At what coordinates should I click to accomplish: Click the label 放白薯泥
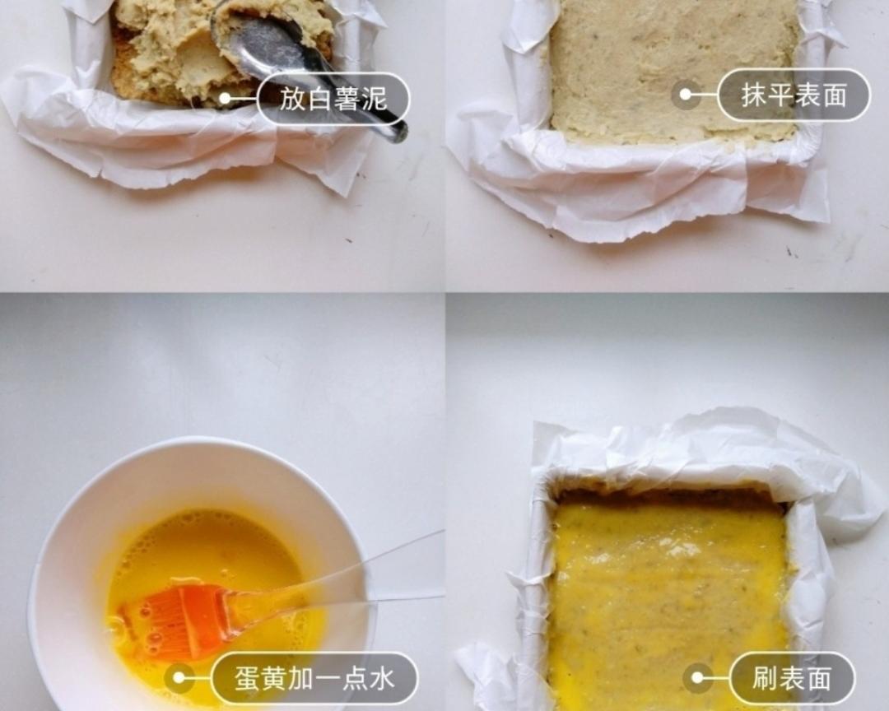[333, 100]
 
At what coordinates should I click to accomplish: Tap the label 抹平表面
[794, 95]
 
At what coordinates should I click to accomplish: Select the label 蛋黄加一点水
[314, 679]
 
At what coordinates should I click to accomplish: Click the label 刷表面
[792, 679]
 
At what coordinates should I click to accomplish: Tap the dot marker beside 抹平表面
[685, 95]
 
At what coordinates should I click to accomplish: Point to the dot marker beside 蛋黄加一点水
[179, 679]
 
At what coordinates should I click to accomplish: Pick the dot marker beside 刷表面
[697, 679]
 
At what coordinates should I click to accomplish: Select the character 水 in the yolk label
[382, 679]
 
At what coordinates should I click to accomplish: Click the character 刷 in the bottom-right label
[765, 679]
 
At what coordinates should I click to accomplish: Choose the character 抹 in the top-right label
[753, 95]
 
